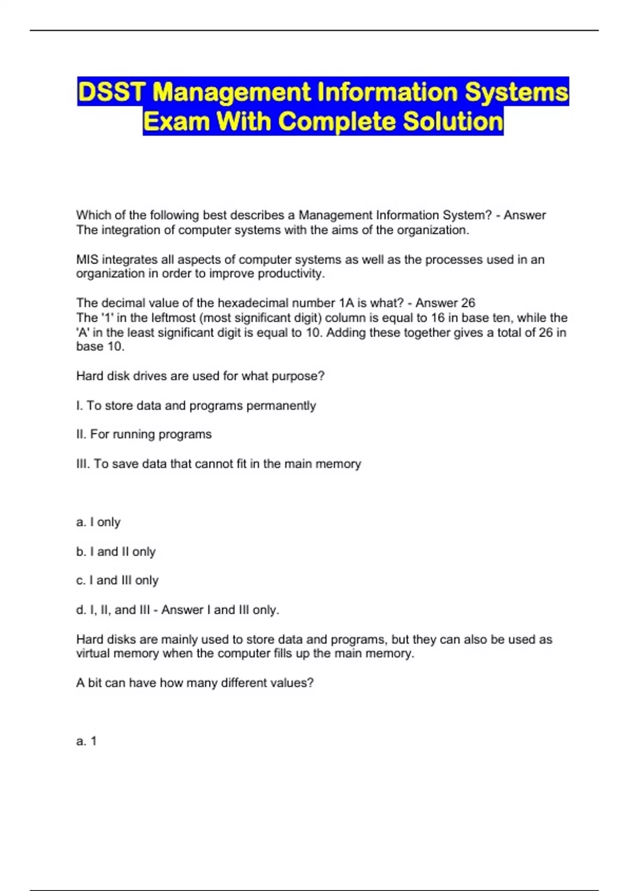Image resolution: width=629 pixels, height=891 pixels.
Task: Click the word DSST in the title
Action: pos(111,92)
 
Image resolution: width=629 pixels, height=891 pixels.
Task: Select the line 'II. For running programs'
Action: pos(144,434)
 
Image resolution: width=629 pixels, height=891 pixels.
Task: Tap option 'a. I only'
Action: pos(99,522)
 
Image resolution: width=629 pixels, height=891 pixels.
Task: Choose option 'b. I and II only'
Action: pos(116,551)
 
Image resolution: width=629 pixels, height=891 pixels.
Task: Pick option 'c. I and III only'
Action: pos(117,580)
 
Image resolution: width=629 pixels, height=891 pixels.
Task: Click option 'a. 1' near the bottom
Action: pos(86,741)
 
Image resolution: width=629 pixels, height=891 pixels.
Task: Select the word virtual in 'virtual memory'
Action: pos(93,654)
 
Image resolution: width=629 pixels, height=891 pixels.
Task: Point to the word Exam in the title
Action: pos(177,122)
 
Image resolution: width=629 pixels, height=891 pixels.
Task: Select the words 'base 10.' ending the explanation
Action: pos(100,346)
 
